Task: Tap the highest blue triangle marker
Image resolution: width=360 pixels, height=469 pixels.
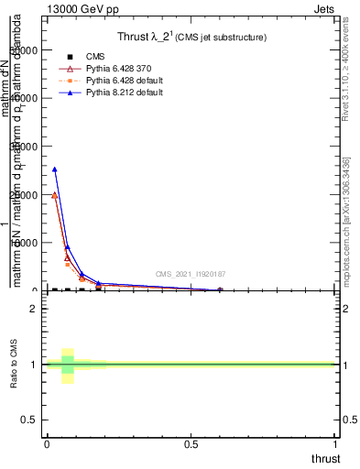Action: click(55, 169)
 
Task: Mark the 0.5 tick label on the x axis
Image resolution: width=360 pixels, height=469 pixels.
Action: click(191, 444)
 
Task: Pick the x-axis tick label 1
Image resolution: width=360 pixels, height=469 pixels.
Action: click(336, 444)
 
